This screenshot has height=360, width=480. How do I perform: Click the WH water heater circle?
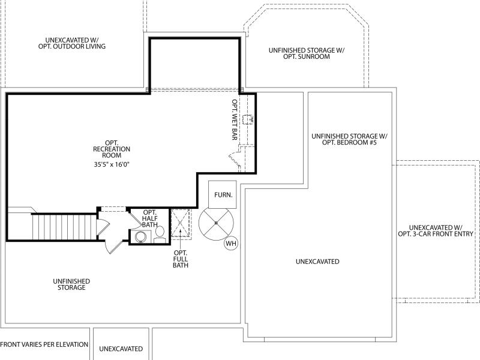[x=231, y=244]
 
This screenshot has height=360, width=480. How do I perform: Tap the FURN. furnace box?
[x=223, y=194]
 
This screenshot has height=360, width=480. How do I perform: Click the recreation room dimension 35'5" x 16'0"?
[x=112, y=164]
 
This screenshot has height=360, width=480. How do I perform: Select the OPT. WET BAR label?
[x=235, y=119]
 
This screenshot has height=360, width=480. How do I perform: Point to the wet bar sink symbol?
[x=247, y=119]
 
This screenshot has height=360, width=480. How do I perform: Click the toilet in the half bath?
[x=160, y=235]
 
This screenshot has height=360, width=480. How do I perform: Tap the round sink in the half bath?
[x=141, y=237]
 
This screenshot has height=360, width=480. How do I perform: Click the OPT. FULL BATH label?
[x=181, y=259]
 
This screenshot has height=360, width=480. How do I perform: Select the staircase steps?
[x=64, y=227]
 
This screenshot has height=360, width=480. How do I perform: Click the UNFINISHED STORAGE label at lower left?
[x=71, y=284]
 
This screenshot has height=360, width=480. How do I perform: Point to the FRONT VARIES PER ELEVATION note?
[x=44, y=344]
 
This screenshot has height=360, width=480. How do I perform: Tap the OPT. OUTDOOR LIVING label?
[x=72, y=47]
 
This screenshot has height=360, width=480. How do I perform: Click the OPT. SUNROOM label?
[x=307, y=56]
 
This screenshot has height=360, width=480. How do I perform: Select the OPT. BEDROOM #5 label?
[x=349, y=143]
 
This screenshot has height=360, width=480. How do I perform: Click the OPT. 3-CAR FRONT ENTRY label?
[x=436, y=234]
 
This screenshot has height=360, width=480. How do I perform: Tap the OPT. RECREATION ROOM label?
[x=112, y=149]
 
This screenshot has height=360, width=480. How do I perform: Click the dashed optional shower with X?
[x=181, y=223]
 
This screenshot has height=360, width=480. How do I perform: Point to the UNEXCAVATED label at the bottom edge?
[x=121, y=349]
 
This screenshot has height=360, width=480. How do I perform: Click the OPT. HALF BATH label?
[x=150, y=218]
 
